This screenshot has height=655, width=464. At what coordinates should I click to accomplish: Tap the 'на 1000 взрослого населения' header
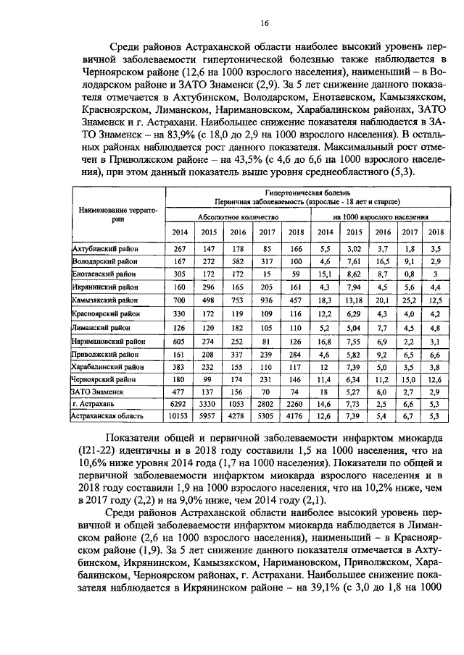[381, 216]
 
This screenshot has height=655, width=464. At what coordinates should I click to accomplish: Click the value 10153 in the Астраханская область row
[179, 415]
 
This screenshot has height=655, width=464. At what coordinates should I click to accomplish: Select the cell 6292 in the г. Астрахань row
[179, 402]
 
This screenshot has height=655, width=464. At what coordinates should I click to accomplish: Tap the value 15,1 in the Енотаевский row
[325, 274]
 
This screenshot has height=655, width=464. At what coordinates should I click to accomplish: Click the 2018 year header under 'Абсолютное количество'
[295, 232]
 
